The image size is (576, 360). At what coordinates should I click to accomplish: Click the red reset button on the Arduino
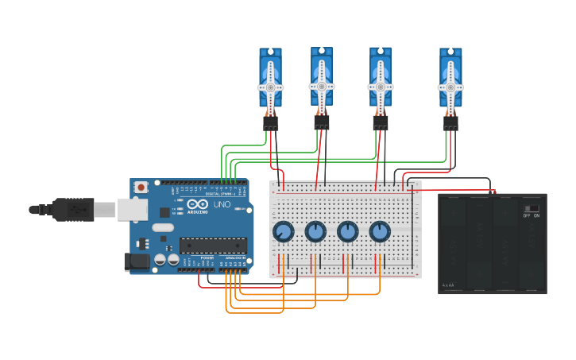(x=141, y=188)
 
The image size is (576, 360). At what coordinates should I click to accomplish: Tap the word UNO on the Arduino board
(x=222, y=204)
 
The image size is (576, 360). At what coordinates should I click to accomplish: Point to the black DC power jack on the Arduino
(x=137, y=261)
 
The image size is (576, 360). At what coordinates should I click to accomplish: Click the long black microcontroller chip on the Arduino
(x=213, y=246)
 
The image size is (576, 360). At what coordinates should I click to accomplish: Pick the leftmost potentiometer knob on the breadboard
(x=283, y=231)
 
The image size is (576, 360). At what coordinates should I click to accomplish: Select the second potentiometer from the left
(x=315, y=231)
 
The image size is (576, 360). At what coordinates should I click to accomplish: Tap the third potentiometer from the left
(x=348, y=231)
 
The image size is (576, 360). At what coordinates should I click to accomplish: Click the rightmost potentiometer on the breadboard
(x=380, y=231)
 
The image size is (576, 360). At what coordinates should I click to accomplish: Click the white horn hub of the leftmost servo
(x=270, y=87)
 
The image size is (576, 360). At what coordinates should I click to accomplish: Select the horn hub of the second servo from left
(x=322, y=85)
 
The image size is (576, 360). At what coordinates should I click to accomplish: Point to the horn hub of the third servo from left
(x=381, y=86)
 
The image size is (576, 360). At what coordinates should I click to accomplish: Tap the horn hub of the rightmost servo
(x=450, y=87)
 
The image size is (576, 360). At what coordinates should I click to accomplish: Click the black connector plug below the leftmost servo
(x=271, y=123)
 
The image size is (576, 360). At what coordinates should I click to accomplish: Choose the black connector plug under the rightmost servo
(x=450, y=123)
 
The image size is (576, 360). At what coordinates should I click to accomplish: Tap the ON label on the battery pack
(x=536, y=215)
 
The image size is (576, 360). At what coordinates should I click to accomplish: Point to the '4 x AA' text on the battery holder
(x=448, y=285)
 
